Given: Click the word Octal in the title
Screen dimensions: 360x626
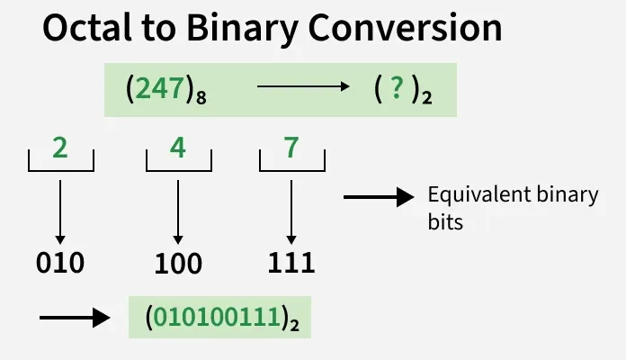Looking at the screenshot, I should (x=91, y=30).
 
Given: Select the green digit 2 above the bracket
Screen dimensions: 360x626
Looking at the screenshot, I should (x=60, y=148).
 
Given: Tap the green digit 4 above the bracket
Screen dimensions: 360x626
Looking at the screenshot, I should (x=177, y=148).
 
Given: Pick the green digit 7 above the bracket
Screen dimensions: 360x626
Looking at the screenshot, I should (x=291, y=148).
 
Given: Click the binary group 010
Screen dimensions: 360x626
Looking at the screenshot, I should (x=60, y=263).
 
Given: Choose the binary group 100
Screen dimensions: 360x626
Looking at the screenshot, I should (x=177, y=264).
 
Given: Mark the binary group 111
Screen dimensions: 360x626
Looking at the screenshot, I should (x=291, y=263).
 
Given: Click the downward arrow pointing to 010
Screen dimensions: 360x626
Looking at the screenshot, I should (x=60, y=211).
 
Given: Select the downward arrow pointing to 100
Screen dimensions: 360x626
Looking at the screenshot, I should (x=177, y=211).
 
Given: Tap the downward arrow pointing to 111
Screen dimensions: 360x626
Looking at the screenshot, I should (x=291, y=211).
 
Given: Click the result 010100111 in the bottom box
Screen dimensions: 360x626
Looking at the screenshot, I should (x=217, y=317).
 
